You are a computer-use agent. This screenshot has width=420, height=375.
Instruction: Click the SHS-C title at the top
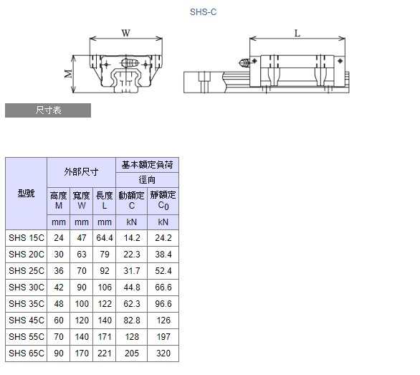203,12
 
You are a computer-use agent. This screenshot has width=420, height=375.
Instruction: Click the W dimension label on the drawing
125,33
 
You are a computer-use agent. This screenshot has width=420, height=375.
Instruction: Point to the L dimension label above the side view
297,34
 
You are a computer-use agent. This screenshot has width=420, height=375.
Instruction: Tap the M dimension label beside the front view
69,73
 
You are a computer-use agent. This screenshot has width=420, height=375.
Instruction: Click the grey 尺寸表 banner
48,110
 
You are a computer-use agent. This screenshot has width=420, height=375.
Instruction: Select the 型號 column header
26,194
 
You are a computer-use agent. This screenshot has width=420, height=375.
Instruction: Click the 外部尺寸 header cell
81,172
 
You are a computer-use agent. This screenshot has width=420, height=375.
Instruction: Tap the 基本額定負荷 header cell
147,165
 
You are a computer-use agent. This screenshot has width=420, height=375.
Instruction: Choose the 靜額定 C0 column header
163,201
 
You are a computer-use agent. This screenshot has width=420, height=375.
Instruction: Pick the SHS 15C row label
27,238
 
